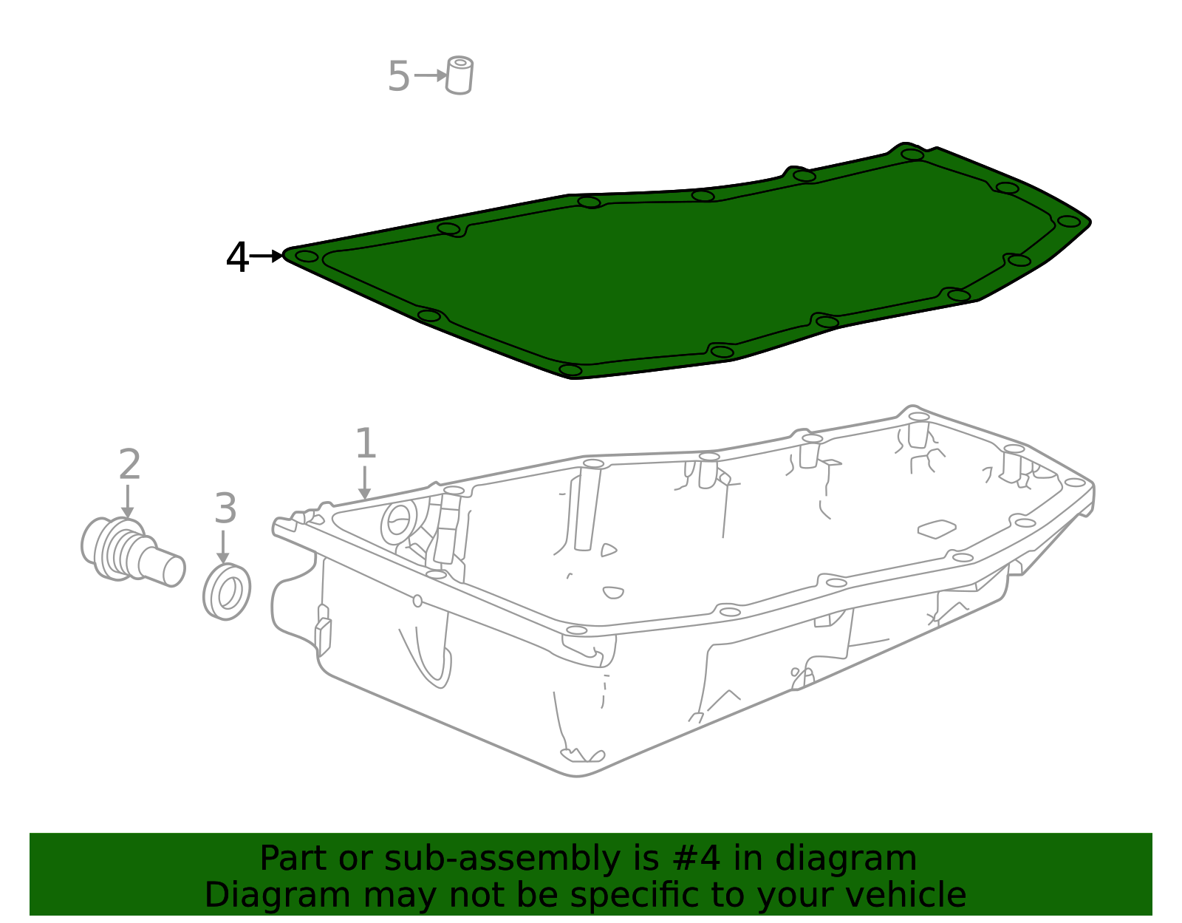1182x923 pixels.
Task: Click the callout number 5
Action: [398, 77]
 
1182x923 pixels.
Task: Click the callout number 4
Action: [237, 258]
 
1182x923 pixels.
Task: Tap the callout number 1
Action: [366, 443]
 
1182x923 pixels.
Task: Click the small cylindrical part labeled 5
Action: [460, 75]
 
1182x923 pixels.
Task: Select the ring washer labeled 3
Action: [227, 592]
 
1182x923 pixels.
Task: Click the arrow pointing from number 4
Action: [267, 256]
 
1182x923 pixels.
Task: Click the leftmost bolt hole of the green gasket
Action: [307, 256]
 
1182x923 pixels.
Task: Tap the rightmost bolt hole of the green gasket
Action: [1068, 221]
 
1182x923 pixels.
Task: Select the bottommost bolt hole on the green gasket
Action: [570, 369]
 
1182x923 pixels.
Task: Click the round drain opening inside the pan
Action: [399, 521]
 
